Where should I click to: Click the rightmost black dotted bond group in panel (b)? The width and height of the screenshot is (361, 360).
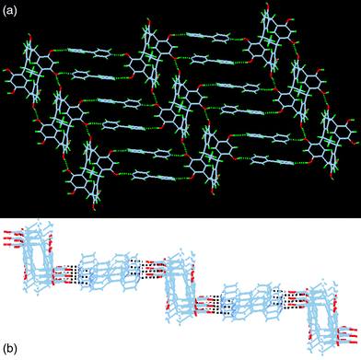[277, 298]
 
